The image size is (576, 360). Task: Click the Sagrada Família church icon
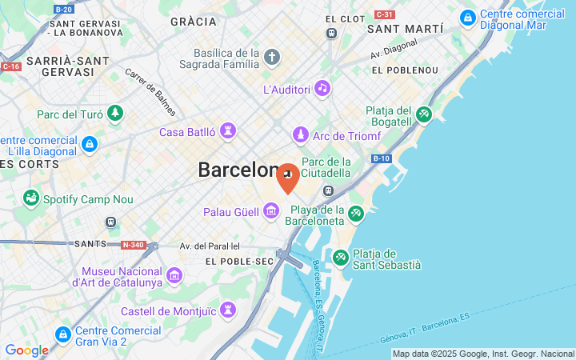coord(272,58)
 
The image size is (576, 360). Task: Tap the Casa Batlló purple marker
coord(228,131)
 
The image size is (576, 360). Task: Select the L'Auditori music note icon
coord(322,88)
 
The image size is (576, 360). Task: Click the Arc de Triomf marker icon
coord(301,134)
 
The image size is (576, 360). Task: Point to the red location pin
coord(288,178)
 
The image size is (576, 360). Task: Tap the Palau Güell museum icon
coord(271,211)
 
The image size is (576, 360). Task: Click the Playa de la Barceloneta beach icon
coord(356,214)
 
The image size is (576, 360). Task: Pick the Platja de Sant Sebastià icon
coord(341,258)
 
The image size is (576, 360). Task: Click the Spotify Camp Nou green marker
coord(31,198)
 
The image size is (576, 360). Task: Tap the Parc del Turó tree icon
coord(116,114)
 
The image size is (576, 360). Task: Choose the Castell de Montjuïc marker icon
coord(228,310)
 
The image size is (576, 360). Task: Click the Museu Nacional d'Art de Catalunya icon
coord(174,276)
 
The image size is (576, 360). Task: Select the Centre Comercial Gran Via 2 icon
coord(62,334)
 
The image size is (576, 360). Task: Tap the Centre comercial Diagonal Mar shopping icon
coord(467,16)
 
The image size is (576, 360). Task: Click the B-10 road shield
coord(381,159)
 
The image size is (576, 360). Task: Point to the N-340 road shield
coord(133,244)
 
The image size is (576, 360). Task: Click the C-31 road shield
coord(385,14)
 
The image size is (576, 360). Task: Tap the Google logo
coord(26,350)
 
